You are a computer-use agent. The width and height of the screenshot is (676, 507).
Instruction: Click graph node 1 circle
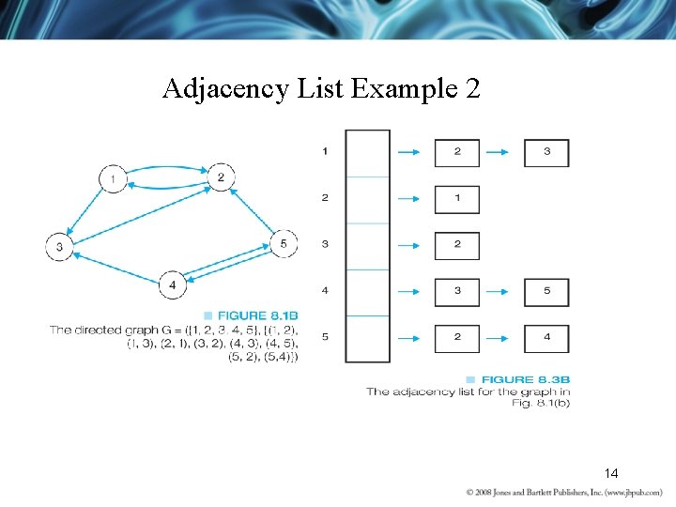pyautogui.click(x=113, y=178)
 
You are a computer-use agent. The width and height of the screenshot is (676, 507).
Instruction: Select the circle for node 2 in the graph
pyautogui.click(x=220, y=177)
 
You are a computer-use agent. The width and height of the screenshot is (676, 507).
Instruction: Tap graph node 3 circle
pyautogui.click(x=59, y=247)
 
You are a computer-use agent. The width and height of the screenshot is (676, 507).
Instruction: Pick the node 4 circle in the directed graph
pyautogui.click(x=172, y=284)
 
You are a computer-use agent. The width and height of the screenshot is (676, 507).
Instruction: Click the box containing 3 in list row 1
pyautogui.click(x=546, y=152)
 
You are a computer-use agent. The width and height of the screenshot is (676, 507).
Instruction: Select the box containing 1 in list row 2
pyautogui.click(x=457, y=199)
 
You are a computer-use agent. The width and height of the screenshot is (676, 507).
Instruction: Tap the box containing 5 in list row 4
pyautogui.click(x=546, y=291)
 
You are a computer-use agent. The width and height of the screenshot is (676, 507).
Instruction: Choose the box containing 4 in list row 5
pyautogui.click(x=546, y=337)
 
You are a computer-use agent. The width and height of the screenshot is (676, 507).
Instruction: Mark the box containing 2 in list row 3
pyautogui.click(x=457, y=245)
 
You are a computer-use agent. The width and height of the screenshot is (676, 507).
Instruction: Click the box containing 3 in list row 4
pyautogui.click(x=457, y=291)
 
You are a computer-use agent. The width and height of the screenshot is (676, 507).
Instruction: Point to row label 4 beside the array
pyautogui.click(x=325, y=291)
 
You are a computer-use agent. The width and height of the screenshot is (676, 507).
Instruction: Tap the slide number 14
pyautogui.click(x=611, y=473)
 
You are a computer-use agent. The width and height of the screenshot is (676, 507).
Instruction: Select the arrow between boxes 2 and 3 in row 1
pyautogui.click(x=501, y=152)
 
